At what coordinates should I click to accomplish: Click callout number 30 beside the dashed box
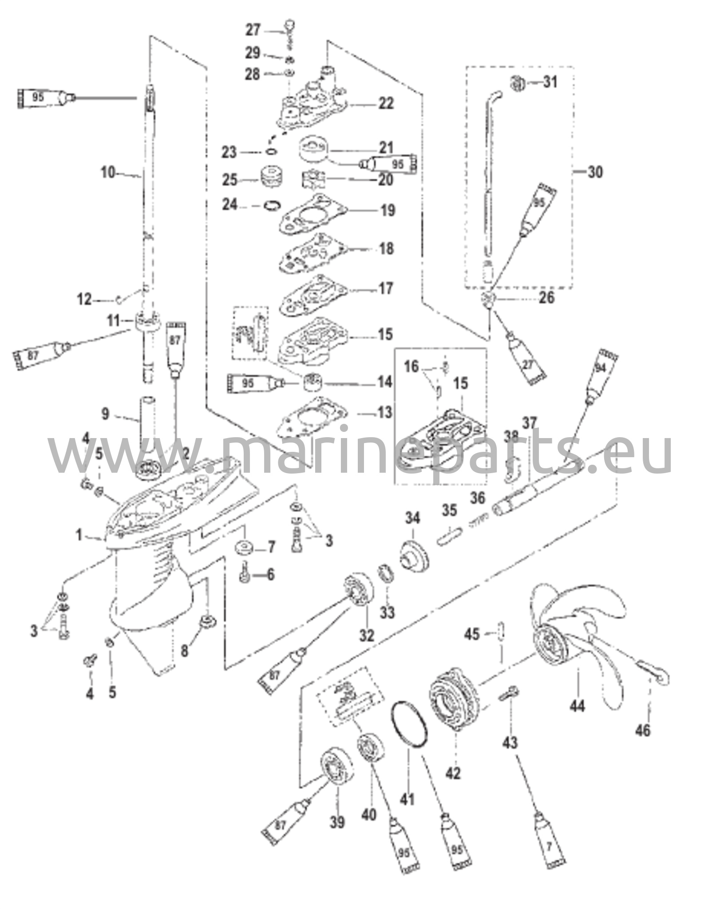tap(595, 172)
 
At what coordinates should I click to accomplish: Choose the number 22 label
tap(386, 103)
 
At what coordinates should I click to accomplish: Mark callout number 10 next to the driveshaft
tap(108, 172)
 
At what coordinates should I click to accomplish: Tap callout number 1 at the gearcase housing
tap(79, 536)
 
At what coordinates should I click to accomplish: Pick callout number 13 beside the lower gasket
tap(384, 413)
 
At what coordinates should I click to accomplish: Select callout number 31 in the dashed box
tap(550, 82)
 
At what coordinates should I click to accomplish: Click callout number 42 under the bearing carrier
tap(453, 772)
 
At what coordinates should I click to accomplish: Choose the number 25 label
tap(230, 180)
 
